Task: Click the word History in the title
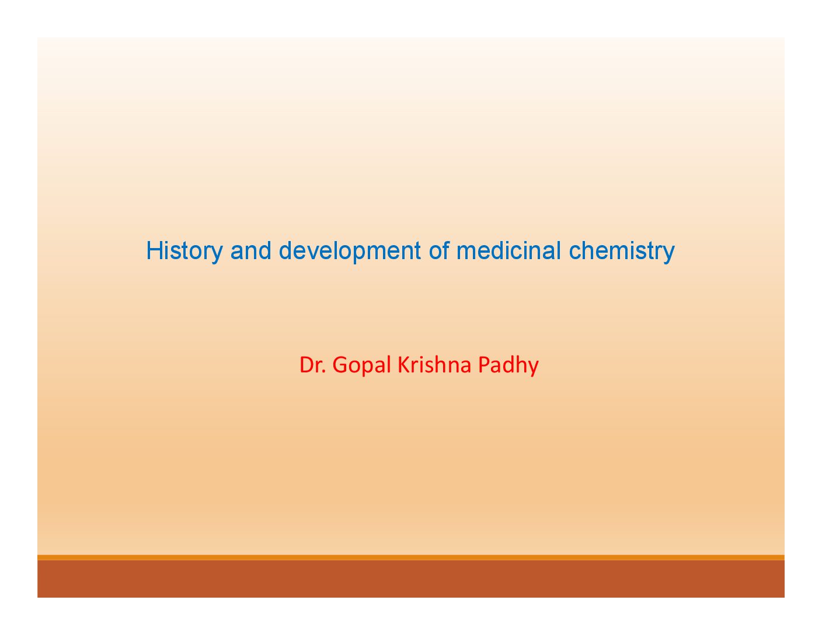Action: pos(184,252)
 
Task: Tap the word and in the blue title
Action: pos(250,250)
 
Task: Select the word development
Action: pos(350,252)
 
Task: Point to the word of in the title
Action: pos(438,250)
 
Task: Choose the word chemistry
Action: pos(621,252)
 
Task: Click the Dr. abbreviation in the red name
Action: pos(312,365)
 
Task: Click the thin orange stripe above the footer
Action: pos(411,557)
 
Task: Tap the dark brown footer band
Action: pos(411,578)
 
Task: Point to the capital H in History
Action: pos(154,250)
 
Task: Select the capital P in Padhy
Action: pos(484,365)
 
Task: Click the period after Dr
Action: pos(323,372)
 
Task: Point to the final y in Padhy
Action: pos(534,369)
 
